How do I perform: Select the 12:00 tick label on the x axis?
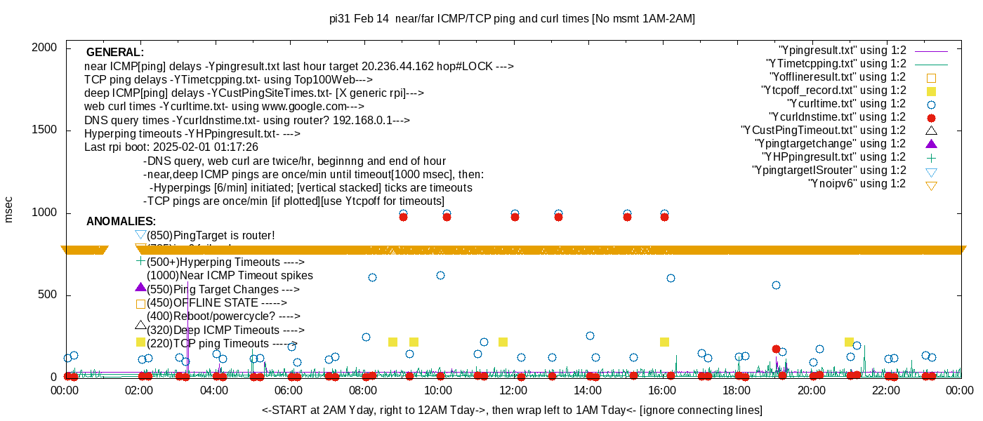513,391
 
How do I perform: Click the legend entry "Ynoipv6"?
857,184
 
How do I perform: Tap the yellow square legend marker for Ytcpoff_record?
931,91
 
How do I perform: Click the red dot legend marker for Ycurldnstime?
931,118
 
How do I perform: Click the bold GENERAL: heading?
115,53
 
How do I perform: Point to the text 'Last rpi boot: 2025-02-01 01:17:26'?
171,147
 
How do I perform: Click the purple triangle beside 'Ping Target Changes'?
140,287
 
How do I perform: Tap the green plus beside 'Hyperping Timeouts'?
140,261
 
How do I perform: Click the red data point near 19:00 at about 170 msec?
776,349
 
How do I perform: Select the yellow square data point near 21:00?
849,342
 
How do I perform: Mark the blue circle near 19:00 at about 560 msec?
776,285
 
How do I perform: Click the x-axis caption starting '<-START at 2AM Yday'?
512,410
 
